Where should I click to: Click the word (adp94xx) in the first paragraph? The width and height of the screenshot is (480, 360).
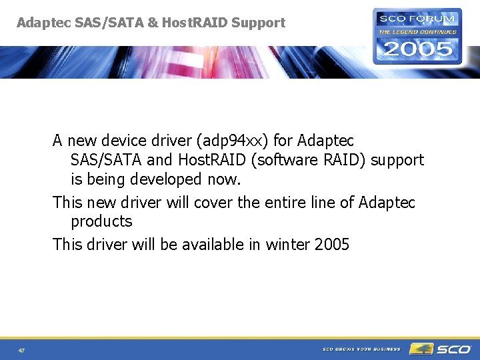[228, 141]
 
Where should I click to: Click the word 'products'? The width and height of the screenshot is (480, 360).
[101, 221]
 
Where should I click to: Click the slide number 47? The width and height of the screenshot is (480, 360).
[22, 351]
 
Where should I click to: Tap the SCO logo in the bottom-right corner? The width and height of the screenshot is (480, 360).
[441, 349]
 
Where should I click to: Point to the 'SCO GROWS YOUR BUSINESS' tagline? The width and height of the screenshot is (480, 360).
[361, 349]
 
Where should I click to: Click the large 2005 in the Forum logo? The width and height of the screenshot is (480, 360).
[417, 49]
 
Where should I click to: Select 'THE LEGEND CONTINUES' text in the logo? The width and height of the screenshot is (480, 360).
[417, 31]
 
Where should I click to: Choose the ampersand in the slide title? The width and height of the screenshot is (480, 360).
[153, 23]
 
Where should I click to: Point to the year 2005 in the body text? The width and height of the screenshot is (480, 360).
[331, 245]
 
